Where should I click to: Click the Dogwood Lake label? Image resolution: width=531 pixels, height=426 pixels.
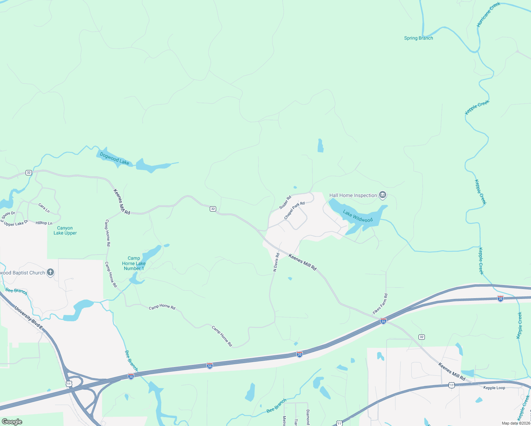click(x=114, y=158)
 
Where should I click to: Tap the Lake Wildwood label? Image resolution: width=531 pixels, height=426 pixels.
click(x=357, y=216)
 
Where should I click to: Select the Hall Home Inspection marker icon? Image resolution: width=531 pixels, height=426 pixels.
click(x=383, y=195)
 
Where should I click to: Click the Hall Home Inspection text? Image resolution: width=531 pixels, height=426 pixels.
click(x=353, y=195)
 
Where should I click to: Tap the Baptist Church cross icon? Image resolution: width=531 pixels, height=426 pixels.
click(x=50, y=272)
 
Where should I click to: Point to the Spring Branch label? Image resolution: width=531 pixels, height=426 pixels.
click(x=418, y=38)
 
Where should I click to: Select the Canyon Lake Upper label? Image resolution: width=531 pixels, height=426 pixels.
click(x=65, y=230)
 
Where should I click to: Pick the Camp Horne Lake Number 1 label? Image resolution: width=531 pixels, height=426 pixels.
click(x=134, y=263)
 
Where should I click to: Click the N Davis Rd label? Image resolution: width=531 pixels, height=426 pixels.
click(x=276, y=262)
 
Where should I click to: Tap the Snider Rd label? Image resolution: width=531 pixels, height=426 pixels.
click(x=285, y=202)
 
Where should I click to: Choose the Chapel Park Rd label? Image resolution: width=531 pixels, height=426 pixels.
click(x=294, y=211)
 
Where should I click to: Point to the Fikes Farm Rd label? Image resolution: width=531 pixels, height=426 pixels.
click(x=380, y=304)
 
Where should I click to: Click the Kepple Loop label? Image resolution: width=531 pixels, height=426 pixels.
click(x=494, y=388)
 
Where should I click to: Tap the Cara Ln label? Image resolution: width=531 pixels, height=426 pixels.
click(x=44, y=208)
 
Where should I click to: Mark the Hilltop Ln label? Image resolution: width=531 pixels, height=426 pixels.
click(x=44, y=223)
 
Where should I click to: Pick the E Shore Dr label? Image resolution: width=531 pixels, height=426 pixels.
click(x=8, y=216)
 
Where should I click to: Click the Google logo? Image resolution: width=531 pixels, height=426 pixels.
click(x=12, y=421)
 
